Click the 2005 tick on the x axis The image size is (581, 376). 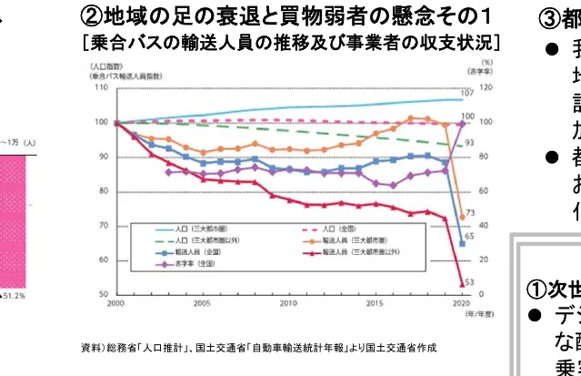coord(203,303)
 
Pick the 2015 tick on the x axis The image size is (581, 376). coord(374,303)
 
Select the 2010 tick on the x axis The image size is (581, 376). coord(288,303)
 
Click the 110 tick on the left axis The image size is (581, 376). coord(102,87)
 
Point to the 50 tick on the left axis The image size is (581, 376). coord(104,295)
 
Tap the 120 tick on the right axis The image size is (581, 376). coord(486,87)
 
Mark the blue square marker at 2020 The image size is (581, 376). coord(462,244)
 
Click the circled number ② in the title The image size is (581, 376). coord(93,17)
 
